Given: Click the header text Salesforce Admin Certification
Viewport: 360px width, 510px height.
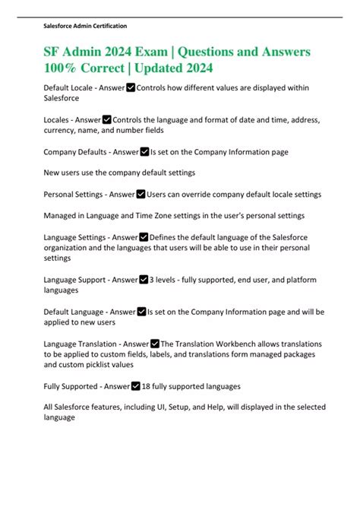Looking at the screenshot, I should click(84, 26).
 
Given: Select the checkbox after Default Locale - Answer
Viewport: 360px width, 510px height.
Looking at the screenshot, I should click(130, 88).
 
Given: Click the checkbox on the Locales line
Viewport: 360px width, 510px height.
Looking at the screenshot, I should click(106, 119).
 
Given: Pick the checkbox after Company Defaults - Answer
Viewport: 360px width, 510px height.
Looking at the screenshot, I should click(145, 152).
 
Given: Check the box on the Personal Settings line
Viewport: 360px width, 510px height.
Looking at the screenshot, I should click(141, 195).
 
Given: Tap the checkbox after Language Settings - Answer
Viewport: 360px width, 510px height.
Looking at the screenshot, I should click(144, 238).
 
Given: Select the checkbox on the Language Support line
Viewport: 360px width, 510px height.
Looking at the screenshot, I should click(144, 280).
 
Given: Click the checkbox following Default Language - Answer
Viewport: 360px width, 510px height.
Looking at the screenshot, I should click(141, 312).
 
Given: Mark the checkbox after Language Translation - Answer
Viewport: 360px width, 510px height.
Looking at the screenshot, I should click(155, 344).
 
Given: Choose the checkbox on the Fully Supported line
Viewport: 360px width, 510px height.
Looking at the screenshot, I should click(136, 386).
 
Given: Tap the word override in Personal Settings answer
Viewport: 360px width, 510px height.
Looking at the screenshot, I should click(189, 195).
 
